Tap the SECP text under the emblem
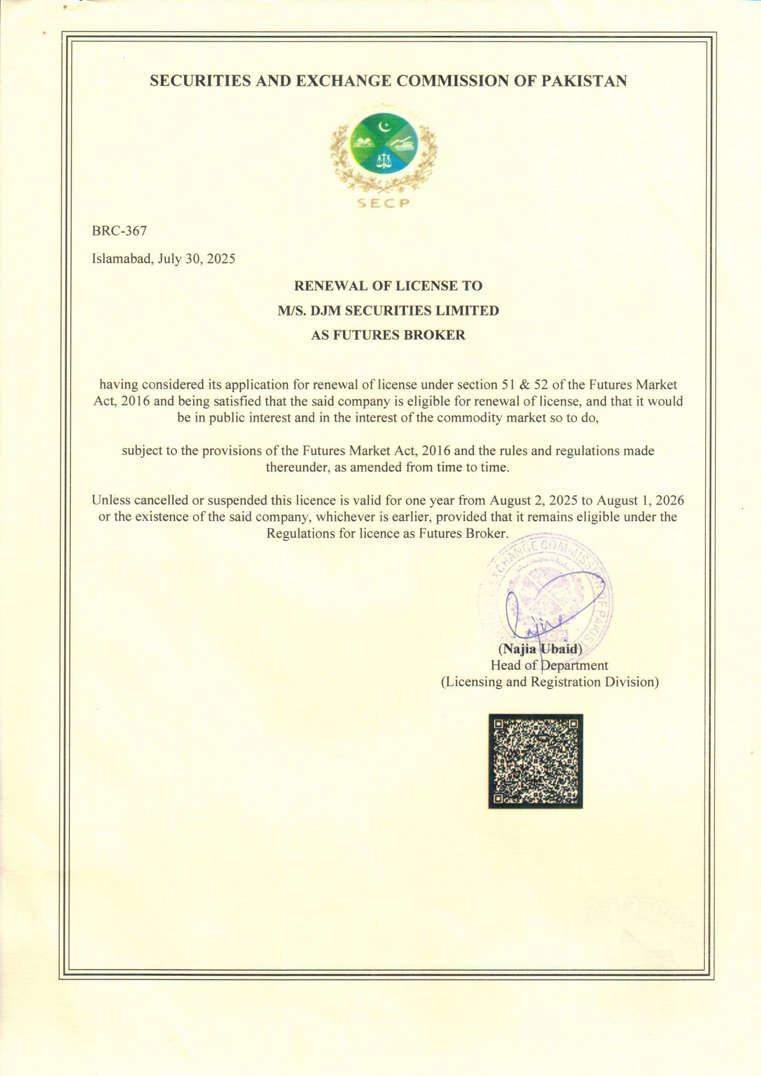[383, 203]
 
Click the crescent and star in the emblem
[385, 126]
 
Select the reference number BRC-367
[119, 231]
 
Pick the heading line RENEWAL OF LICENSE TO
[387, 286]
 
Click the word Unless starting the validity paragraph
[110, 501]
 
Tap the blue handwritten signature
[553, 605]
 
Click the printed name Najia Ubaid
[540, 649]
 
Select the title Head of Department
[549, 665]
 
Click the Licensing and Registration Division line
[550, 682]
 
